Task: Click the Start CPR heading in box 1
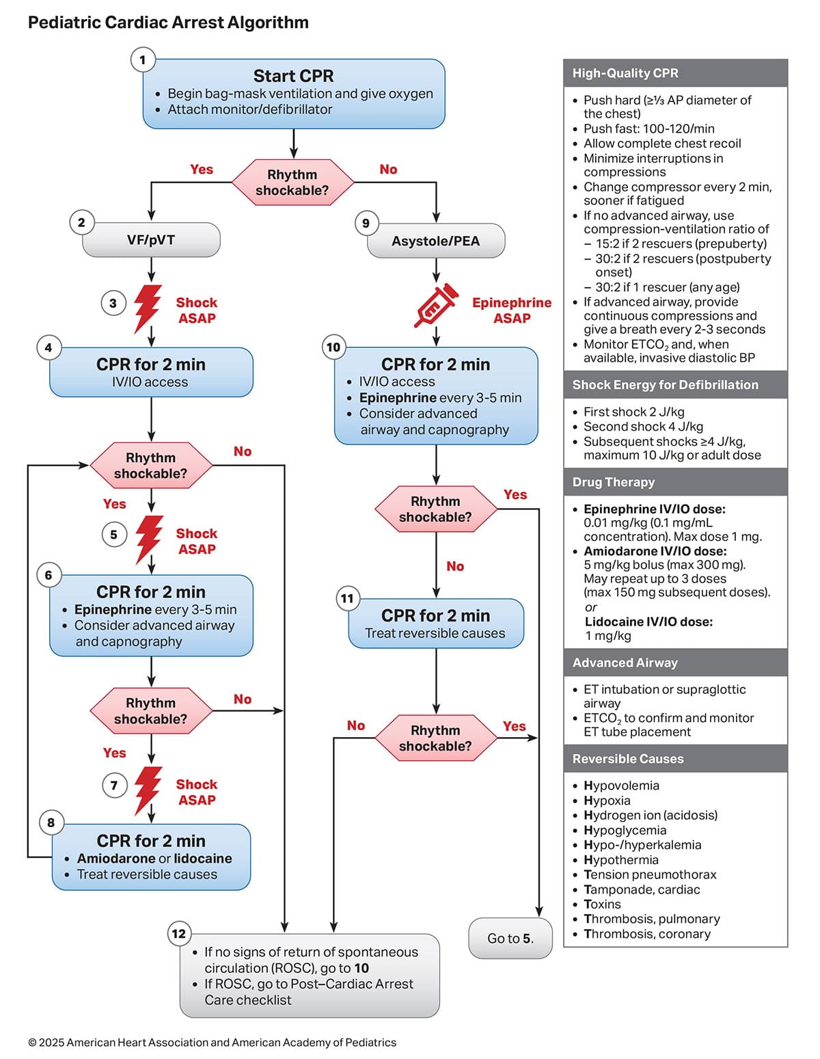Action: [293, 76]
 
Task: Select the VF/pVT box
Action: [151, 240]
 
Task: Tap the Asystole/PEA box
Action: [436, 241]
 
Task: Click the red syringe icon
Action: [436, 305]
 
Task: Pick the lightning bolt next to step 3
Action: [148, 308]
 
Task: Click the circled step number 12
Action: [179, 933]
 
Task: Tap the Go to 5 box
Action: [510, 938]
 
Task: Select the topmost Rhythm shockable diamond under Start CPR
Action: [292, 183]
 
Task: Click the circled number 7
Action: [114, 786]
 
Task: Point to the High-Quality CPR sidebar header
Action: [625, 73]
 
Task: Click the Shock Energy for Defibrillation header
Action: [665, 385]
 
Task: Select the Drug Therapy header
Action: [613, 482]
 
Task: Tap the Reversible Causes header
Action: [627, 759]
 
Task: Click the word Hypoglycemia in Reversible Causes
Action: [625, 830]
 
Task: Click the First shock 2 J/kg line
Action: [633, 412]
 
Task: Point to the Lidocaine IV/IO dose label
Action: [648, 621]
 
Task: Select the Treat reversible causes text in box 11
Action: [435, 633]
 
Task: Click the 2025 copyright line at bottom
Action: [212, 1043]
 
